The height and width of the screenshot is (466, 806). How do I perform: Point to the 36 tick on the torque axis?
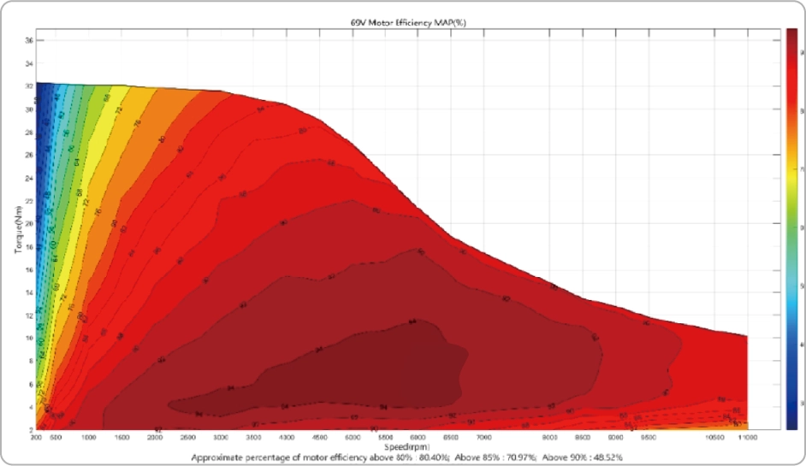click(28, 40)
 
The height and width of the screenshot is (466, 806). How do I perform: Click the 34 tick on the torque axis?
click(28, 63)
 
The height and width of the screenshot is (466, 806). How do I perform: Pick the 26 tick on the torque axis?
click(28, 155)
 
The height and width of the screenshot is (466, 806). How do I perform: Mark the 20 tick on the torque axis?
click(28, 223)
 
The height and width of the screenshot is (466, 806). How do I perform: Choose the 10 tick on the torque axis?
click(28, 337)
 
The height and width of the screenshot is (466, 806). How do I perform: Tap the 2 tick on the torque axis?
click(30, 428)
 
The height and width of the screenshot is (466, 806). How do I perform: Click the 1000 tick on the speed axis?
click(88, 437)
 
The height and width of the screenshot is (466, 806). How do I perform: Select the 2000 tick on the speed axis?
click(155, 437)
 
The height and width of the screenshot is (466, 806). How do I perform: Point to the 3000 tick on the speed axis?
click(221, 437)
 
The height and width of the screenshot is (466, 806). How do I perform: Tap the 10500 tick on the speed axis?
click(715, 437)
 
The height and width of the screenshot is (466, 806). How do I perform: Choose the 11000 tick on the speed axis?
click(748, 437)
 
